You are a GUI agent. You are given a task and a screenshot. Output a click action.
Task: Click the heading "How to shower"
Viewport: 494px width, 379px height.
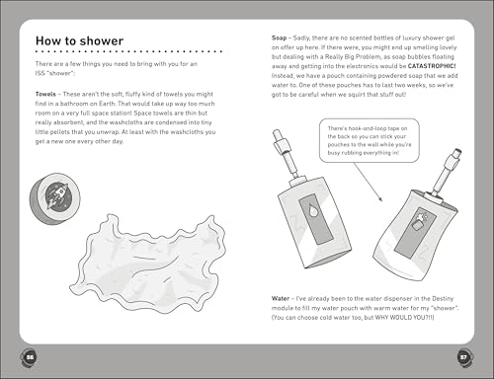click(x=79, y=40)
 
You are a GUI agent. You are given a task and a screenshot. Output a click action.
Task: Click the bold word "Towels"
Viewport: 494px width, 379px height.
click(x=45, y=94)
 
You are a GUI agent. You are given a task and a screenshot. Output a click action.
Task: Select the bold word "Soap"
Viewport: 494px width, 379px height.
click(x=279, y=38)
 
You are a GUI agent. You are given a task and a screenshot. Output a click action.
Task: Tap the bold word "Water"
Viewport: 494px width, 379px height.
click(x=281, y=298)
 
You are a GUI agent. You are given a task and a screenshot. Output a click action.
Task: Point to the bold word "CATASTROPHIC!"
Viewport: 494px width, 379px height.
click(x=432, y=66)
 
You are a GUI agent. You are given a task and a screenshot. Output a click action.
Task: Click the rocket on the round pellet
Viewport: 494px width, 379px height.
click(x=58, y=196)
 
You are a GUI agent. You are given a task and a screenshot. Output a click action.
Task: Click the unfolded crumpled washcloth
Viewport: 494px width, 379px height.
click(x=147, y=264)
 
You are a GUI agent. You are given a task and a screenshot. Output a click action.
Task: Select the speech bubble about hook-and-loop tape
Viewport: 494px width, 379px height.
click(x=370, y=140)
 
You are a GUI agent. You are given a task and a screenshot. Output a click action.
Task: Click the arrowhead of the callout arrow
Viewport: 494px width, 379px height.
click(x=380, y=199)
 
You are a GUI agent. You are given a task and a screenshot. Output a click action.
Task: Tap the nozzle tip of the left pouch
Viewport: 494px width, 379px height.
click(x=277, y=133)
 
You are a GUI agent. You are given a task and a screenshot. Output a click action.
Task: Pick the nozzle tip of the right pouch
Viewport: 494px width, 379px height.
click(x=457, y=153)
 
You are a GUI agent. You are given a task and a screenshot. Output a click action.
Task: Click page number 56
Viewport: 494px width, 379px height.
click(x=30, y=357)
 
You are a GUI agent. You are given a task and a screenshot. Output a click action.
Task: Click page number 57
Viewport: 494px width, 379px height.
click(x=463, y=357)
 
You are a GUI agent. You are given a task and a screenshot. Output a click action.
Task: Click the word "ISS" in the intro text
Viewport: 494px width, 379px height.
click(x=40, y=73)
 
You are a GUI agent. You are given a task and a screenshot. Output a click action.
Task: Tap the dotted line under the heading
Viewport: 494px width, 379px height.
click(x=128, y=51)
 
